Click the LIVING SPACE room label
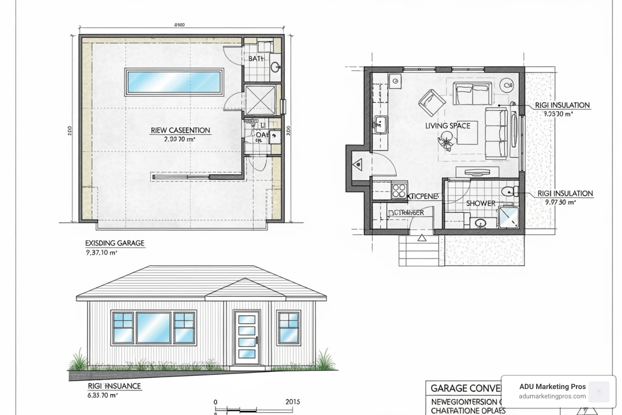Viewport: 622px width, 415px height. (x=447, y=126)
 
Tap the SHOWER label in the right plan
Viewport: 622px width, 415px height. (x=481, y=203)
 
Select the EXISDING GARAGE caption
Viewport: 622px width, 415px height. (x=115, y=243)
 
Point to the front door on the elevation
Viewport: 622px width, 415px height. (x=247, y=336)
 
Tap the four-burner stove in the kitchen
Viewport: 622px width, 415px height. (x=399, y=190)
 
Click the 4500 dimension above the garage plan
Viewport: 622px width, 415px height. (x=179, y=25)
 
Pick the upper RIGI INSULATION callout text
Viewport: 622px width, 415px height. (x=562, y=105)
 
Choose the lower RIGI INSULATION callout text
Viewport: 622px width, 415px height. (x=565, y=193)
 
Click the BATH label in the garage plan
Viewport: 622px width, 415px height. (x=256, y=59)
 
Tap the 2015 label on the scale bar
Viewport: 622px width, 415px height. (x=292, y=402)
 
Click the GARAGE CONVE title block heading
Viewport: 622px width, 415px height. (x=466, y=388)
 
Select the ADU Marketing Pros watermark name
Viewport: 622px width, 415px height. (x=552, y=387)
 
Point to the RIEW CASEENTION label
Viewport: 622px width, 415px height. (x=180, y=130)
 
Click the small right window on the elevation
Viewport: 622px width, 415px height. (x=288, y=327)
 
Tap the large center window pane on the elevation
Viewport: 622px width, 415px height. (x=153, y=327)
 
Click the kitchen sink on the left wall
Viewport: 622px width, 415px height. (x=380, y=122)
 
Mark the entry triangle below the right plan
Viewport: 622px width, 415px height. (x=422, y=238)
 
